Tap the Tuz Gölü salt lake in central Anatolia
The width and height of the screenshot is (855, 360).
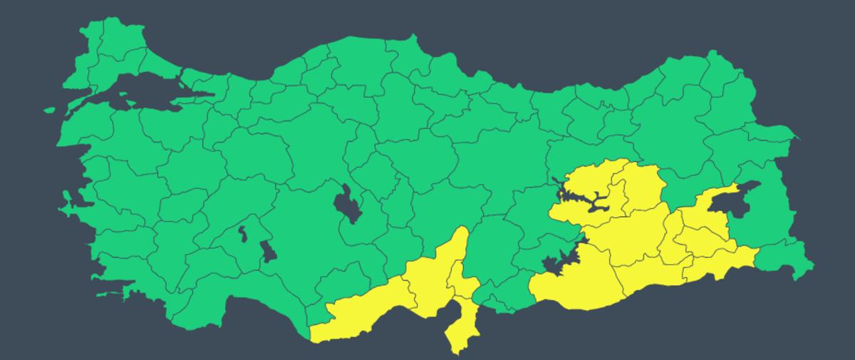pyautogui.click(x=347, y=203)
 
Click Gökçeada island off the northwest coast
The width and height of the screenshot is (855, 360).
pyautogui.click(x=49, y=110)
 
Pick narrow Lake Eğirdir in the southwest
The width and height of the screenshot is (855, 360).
pyautogui.click(x=243, y=235)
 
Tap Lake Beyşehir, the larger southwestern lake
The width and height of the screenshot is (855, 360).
pyautogui.click(x=268, y=251)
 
